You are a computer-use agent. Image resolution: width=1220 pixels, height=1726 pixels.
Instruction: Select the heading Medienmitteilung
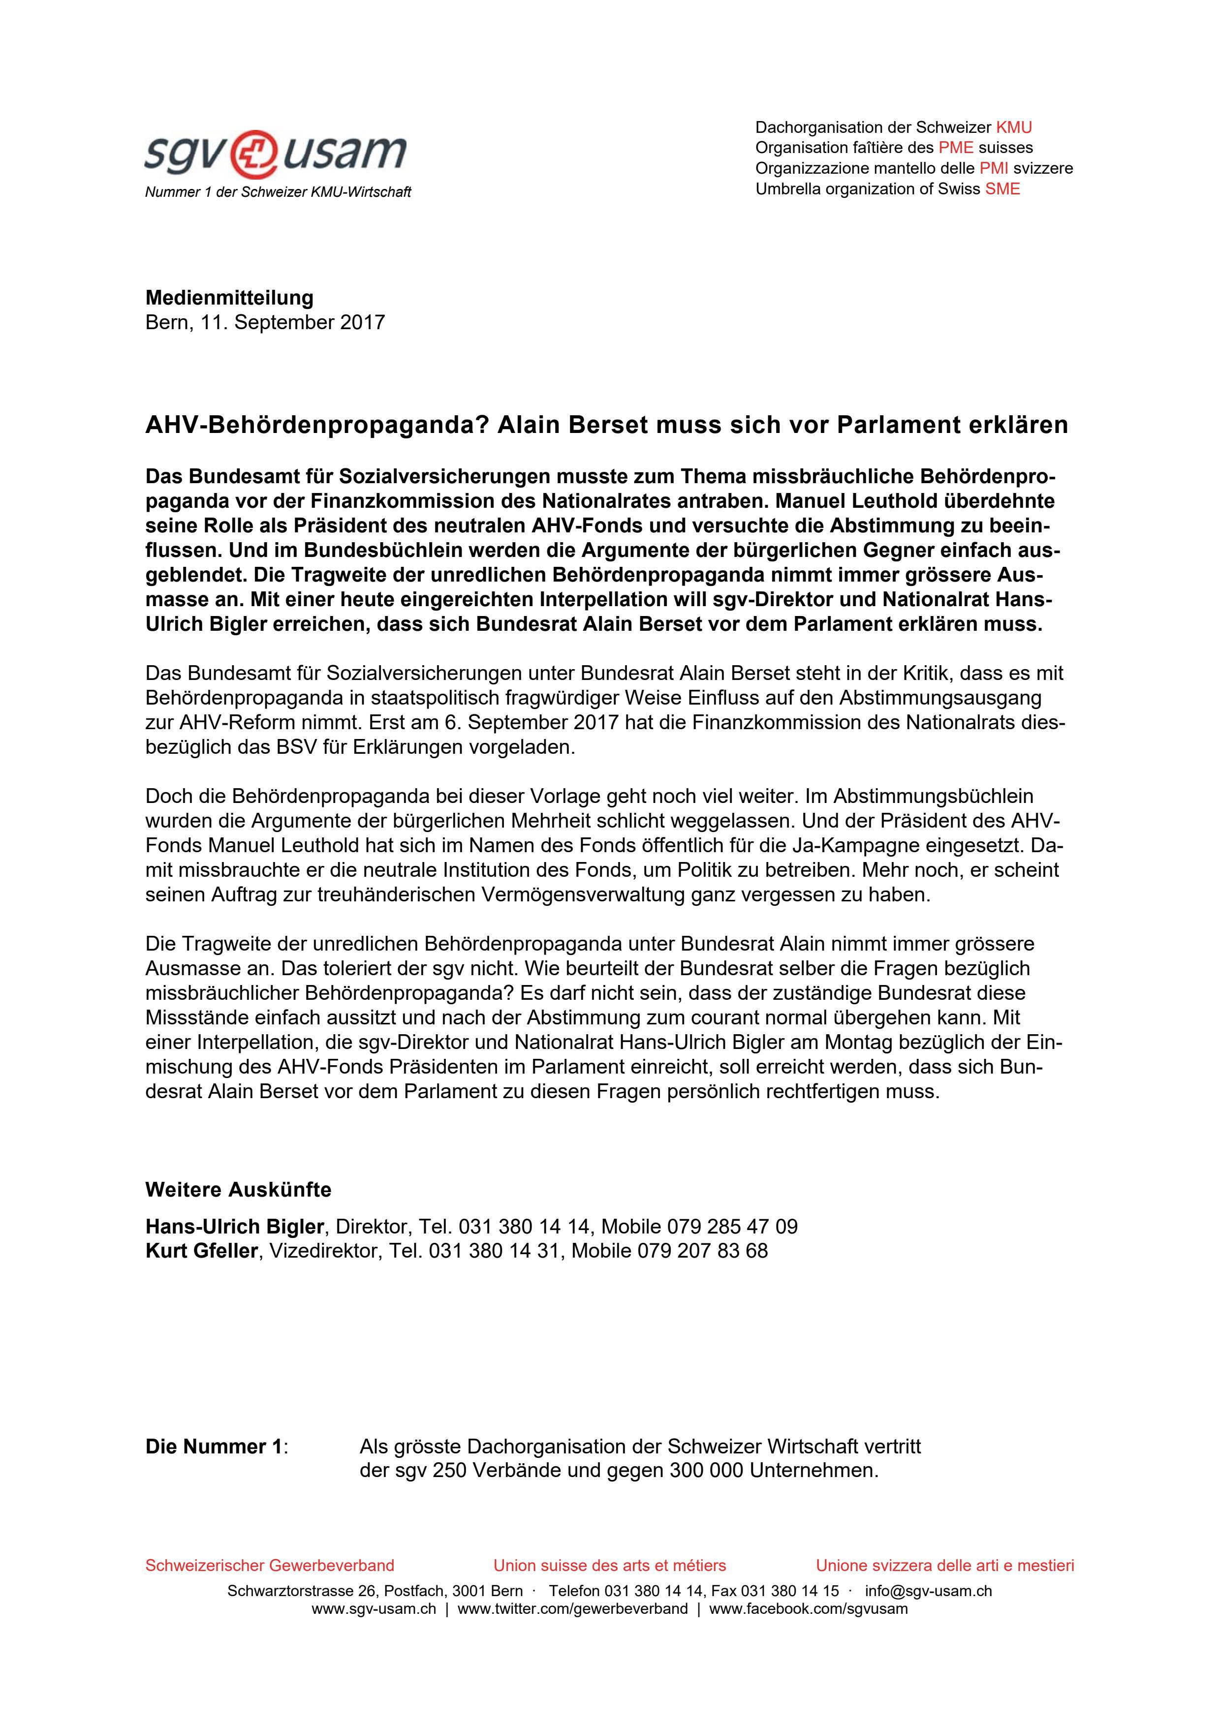click(229, 298)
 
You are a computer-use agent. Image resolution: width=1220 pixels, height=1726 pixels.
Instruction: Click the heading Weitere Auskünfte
click(238, 1190)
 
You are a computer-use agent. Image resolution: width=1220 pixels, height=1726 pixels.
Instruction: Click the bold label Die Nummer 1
click(214, 1447)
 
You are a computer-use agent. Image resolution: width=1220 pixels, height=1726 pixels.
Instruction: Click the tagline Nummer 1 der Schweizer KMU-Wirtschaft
click(278, 192)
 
